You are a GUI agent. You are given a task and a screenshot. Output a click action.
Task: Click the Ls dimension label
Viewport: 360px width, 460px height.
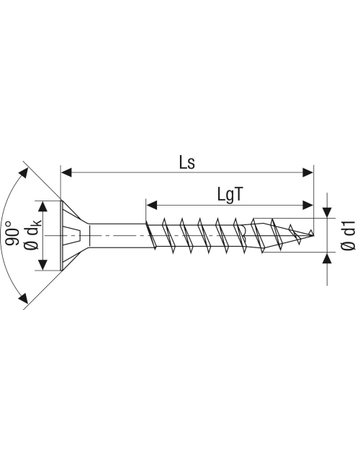point(187,163)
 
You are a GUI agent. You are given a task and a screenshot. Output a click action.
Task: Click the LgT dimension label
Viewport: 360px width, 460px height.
point(229,194)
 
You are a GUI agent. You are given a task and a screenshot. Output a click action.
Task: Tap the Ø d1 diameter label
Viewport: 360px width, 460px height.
point(349,235)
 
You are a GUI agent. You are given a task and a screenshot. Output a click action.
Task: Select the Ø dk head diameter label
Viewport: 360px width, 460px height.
point(33,235)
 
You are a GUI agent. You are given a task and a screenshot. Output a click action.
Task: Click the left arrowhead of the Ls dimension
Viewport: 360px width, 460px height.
point(67,172)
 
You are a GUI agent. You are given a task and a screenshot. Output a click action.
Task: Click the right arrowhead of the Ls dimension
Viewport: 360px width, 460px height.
point(307,172)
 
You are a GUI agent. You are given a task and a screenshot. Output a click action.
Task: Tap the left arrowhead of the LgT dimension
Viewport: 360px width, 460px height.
point(152,205)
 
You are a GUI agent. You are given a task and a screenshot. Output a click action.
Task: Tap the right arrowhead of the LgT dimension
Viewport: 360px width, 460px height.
point(307,205)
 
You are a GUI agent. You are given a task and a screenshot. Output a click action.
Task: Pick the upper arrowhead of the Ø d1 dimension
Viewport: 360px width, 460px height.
point(328,212)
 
